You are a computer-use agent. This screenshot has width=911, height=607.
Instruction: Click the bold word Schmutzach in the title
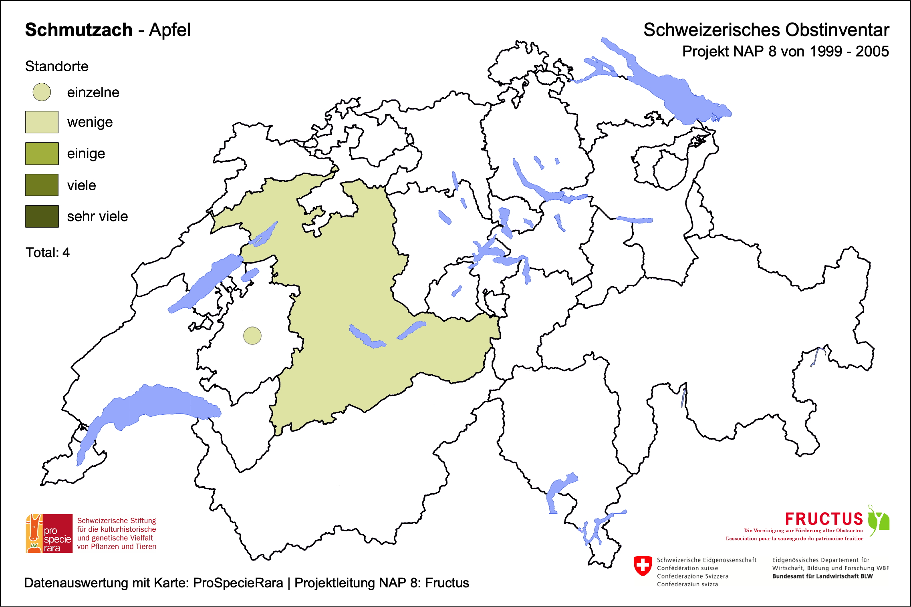(79, 30)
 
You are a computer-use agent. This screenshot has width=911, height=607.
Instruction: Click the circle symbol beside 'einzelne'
(42, 92)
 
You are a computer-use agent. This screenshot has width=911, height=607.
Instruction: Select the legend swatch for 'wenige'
(42, 122)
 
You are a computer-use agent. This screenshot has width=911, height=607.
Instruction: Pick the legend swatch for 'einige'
(42, 153)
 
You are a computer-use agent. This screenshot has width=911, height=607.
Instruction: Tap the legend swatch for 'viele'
(42, 185)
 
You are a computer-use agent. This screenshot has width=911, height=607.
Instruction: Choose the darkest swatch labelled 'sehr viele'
(42, 216)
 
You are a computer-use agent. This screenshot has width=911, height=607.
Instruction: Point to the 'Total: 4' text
(47, 253)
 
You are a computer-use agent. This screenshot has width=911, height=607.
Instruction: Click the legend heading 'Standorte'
(56, 66)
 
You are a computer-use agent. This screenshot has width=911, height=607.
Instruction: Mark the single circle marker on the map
(252, 336)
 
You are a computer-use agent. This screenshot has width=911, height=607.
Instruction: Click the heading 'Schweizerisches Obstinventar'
(766, 30)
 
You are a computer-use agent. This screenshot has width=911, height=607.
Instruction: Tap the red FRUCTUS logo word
(824, 519)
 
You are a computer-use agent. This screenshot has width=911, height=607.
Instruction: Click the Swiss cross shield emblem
(643, 566)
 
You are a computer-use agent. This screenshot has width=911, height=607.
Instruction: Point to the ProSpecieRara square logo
(49, 533)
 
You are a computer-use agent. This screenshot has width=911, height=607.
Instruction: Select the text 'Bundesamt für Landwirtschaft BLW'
(822, 576)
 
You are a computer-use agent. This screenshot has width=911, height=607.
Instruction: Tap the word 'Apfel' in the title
(170, 30)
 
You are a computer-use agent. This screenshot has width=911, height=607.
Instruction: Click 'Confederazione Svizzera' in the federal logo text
(693, 576)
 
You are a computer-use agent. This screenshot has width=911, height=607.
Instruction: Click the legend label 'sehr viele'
(97, 217)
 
